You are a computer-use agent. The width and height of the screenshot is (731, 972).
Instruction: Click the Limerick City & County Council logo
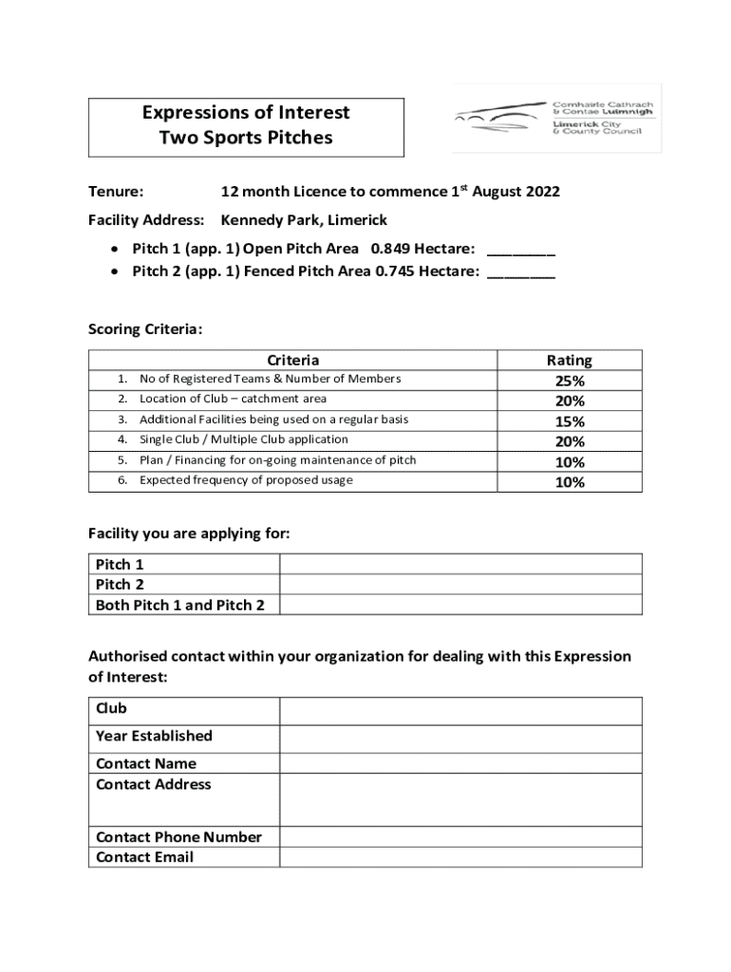tap(556, 120)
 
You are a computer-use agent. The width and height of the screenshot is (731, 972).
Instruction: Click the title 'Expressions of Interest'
tap(246, 113)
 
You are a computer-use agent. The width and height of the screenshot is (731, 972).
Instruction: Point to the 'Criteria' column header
tap(292, 361)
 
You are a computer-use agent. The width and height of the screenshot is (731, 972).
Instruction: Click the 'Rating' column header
tap(569, 361)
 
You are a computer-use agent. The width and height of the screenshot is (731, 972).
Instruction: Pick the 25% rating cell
tap(570, 381)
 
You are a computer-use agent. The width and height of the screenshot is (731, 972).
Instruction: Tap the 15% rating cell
tap(570, 421)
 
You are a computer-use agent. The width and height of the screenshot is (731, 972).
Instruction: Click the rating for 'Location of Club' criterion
tap(570, 401)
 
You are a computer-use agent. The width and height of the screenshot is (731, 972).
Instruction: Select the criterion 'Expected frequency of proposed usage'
tap(246, 480)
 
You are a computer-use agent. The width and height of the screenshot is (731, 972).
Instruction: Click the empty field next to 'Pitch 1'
tap(459, 565)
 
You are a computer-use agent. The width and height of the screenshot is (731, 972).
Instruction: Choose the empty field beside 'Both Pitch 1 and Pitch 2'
tap(459, 605)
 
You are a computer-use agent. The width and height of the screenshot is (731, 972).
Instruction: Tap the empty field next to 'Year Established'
tap(459, 737)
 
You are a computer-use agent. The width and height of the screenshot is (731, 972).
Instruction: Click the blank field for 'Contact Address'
tap(459, 799)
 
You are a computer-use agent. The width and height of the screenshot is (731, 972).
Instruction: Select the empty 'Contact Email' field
tap(459, 857)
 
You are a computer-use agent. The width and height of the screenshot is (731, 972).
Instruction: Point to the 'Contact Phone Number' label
tap(178, 837)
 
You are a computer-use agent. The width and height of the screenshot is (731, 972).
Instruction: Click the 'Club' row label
tap(111, 709)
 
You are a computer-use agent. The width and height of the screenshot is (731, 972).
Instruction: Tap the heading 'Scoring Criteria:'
tap(145, 329)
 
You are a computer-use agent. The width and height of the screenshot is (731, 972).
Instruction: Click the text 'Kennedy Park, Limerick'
tap(304, 220)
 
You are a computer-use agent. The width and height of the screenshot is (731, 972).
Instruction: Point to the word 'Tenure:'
tap(116, 192)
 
